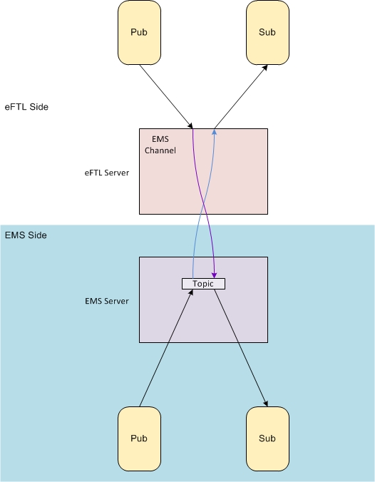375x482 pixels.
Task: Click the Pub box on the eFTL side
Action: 139,33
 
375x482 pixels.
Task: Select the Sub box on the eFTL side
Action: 267,33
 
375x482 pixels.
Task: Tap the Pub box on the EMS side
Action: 139,439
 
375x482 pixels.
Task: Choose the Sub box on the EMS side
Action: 267,439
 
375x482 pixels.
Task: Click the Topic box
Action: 203,284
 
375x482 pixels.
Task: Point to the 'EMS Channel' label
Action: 160,145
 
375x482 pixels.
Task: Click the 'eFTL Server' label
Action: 107,173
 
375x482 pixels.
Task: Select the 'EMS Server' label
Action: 107,301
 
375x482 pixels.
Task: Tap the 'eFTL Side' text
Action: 26,107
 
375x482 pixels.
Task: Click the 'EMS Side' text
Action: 26,235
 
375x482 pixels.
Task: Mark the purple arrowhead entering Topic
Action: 215,275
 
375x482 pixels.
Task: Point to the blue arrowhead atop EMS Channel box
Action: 215,132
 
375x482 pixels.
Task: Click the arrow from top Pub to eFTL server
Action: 166,96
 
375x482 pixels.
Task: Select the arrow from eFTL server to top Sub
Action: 241,96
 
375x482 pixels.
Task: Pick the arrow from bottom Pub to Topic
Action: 166,348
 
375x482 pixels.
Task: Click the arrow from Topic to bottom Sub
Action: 241,348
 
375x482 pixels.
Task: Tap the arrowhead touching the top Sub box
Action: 265,68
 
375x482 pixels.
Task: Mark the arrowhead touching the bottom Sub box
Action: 266,404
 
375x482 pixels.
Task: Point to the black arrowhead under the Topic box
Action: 191,292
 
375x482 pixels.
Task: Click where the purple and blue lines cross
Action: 203,203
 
